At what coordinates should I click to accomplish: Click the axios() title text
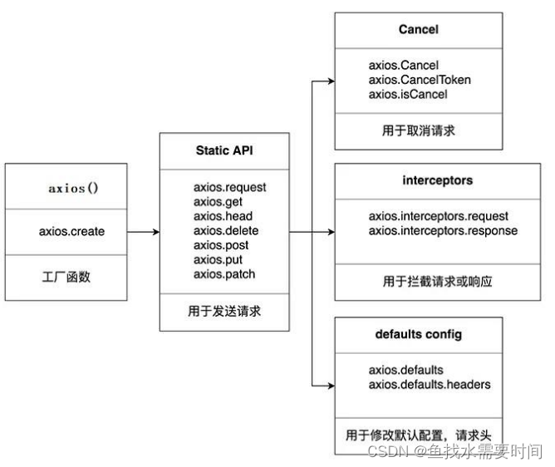pos(73,188)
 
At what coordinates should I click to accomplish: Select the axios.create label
pos(72,231)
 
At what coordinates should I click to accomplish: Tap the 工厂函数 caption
pos(66,277)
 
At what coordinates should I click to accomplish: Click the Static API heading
pos(225,150)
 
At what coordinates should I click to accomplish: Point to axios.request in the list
pos(229,187)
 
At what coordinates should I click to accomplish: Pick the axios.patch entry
pos(224,274)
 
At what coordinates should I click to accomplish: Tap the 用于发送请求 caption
pos(225,312)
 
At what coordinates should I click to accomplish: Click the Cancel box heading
pos(418,30)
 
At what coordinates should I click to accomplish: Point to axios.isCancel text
pos(408,94)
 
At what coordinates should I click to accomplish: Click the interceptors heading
pos(418,181)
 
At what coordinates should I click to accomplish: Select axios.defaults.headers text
pos(430,384)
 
